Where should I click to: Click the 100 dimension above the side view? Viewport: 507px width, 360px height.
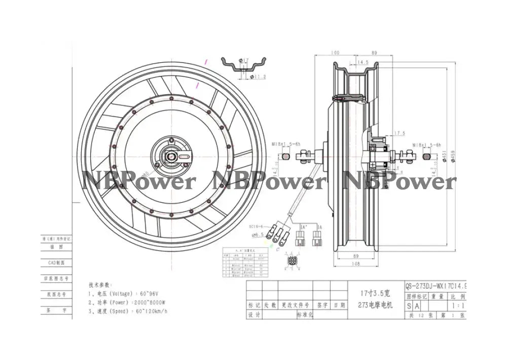(x=335, y=53)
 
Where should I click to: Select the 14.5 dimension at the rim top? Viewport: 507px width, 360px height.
(x=363, y=62)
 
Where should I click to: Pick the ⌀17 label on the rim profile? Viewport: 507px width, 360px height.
(x=245, y=61)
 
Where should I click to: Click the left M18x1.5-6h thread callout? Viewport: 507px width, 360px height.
(x=285, y=144)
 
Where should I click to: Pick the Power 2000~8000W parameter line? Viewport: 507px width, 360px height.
(x=128, y=302)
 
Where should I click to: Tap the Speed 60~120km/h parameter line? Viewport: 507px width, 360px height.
(x=128, y=311)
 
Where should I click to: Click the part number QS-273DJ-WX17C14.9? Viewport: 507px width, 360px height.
(x=436, y=286)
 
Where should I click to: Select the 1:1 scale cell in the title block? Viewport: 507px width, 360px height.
(x=456, y=306)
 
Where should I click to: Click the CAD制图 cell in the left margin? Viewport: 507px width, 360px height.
(x=56, y=263)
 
